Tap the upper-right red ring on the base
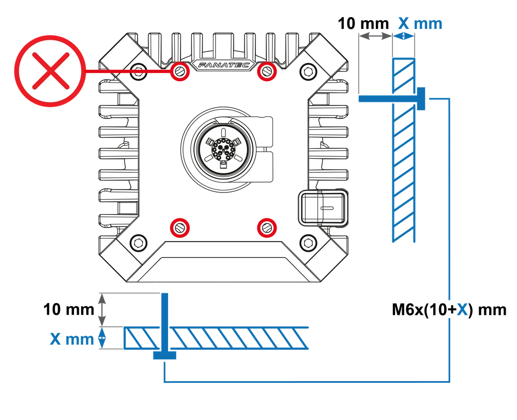click(x=267, y=71)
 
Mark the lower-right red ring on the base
click(x=267, y=227)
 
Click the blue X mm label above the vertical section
click(x=420, y=24)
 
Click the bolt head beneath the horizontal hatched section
click(x=164, y=355)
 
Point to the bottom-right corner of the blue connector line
click(x=449, y=383)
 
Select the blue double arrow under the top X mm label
click(x=404, y=37)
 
